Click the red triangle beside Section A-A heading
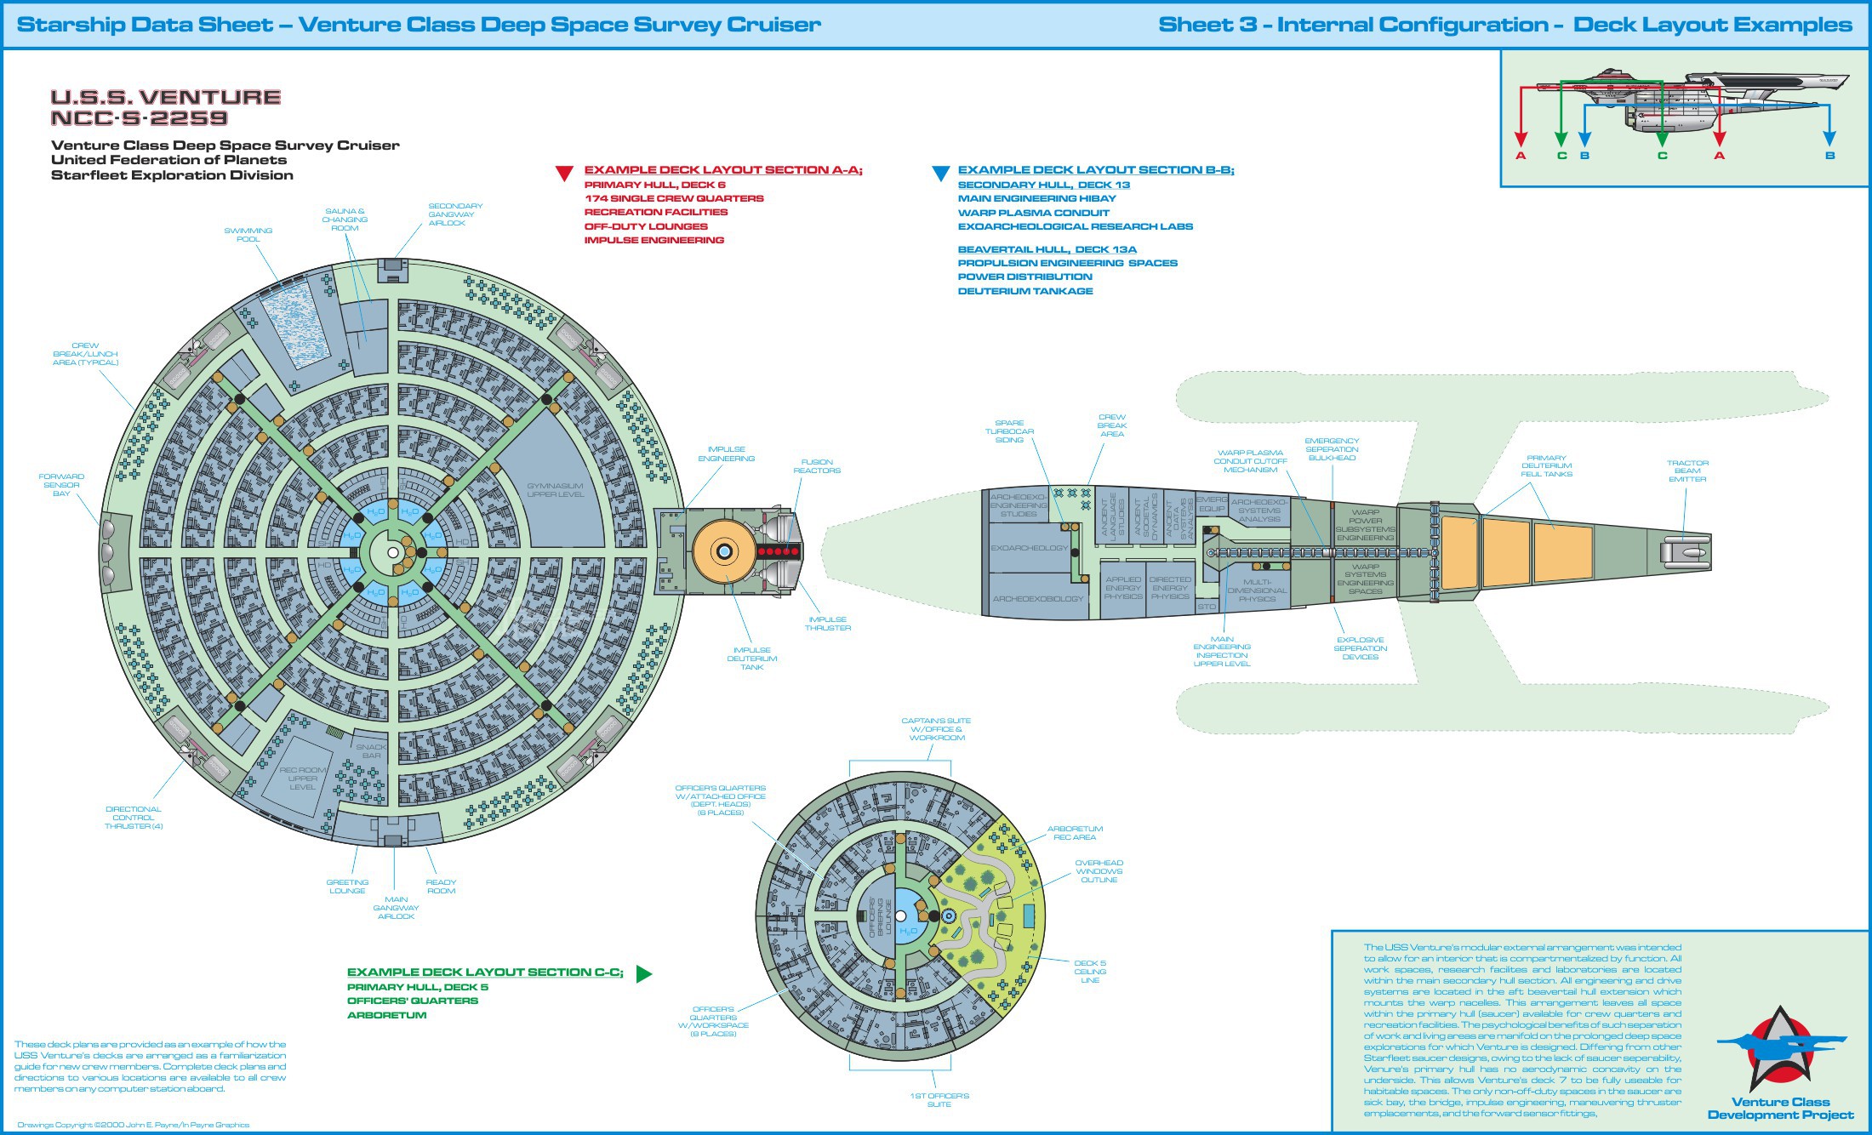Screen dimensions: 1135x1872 tap(564, 174)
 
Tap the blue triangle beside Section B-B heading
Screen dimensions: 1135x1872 tap(940, 174)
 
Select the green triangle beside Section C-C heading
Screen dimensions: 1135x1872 tap(643, 974)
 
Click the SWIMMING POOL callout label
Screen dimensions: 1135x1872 tap(248, 235)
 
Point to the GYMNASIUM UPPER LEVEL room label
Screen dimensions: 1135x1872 tap(555, 490)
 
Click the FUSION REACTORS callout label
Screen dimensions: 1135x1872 tap(817, 466)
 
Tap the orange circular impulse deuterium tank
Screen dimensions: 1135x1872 tap(724, 551)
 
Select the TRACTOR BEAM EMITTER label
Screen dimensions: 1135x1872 tap(1687, 471)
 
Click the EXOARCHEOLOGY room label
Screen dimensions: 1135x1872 tap(1029, 548)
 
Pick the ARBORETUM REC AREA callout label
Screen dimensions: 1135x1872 tap(1075, 833)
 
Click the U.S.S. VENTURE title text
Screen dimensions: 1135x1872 tap(166, 98)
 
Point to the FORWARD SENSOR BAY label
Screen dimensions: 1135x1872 tap(61, 485)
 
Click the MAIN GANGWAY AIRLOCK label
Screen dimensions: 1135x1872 tap(396, 908)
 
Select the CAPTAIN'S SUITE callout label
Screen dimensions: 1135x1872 tap(936, 729)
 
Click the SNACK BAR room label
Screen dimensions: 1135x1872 tap(371, 751)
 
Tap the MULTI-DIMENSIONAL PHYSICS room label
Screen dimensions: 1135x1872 tap(1257, 590)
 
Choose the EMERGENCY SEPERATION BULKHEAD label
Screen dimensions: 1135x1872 tap(1332, 449)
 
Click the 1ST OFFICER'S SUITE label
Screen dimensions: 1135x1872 tap(939, 1100)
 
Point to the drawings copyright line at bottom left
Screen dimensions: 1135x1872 tap(134, 1125)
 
